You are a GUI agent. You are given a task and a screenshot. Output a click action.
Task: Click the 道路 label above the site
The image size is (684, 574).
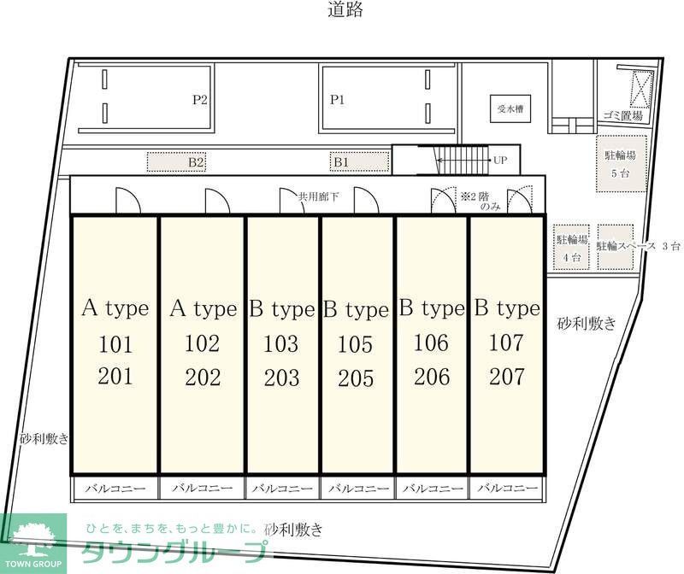pyautogui.click(x=345, y=11)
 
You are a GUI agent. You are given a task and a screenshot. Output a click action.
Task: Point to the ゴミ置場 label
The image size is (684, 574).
pyautogui.click(x=622, y=116)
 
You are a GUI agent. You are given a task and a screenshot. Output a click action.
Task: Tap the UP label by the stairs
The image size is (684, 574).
pyautogui.click(x=500, y=160)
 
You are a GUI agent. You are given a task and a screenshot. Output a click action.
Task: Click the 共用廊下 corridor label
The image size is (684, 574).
pyautogui.click(x=318, y=196)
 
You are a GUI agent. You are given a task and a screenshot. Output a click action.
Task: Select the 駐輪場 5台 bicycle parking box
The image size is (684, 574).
pyautogui.click(x=621, y=163)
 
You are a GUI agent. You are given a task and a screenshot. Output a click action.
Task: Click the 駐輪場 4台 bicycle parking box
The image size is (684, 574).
pyautogui.click(x=571, y=248)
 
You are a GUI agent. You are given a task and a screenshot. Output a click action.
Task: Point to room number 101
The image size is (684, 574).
pyautogui.click(x=115, y=345)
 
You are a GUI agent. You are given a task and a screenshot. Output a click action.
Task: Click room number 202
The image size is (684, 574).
pyautogui.click(x=203, y=377)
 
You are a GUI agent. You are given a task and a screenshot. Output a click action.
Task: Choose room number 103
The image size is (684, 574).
pyautogui.click(x=281, y=344)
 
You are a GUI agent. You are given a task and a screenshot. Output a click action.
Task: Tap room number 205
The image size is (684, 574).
pyautogui.click(x=355, y=378)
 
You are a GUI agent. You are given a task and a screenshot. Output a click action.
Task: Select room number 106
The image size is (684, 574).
pyautogui.click(x=430, y=343)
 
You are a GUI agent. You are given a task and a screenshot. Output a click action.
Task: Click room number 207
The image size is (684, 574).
pyautogui.click(x=506, y=376)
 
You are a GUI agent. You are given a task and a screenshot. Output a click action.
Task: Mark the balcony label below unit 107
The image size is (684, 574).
pyautogui.click(x=506, y=489)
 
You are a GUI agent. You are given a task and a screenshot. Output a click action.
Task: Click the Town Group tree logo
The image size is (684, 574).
pyautogui.click(x=32, y=536)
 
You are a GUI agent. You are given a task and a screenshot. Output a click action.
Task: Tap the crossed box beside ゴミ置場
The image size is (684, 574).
pyautogui.click(x=641, y=88)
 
